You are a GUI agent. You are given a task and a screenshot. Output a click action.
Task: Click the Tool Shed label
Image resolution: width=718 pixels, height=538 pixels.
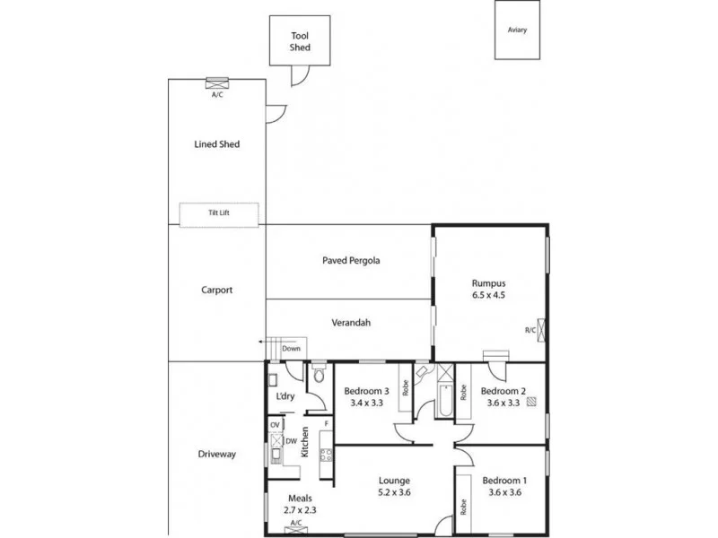tap(300, 42)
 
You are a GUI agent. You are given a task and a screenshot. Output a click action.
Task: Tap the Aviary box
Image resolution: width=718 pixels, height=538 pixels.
tap(517, 30)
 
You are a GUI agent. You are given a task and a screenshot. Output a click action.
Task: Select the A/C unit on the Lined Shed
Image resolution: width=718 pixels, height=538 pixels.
tap(217, 84)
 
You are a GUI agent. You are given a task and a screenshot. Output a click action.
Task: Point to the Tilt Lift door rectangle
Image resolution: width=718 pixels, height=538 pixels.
tap(218, 213)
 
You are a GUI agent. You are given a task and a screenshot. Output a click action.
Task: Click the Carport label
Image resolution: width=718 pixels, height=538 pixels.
tap(217, 290)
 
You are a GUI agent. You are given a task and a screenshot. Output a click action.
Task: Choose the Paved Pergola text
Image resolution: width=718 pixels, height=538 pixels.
tap(351, 261)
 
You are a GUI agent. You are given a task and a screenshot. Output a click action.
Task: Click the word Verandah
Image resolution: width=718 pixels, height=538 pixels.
tap(350, 323)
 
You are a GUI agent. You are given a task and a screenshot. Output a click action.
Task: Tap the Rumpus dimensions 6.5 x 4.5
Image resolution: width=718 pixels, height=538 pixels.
tap(489, 294)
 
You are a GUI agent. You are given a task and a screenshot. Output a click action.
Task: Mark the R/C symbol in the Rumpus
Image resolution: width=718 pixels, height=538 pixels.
tap(540, 328)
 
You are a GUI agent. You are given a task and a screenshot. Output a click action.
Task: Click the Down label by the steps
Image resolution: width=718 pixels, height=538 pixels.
tap(291, 349)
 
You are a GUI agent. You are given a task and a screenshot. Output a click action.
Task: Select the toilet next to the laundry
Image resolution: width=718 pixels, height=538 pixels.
tap(318, 377)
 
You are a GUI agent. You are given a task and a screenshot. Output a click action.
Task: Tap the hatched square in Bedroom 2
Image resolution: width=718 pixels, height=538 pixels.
tap(532, 403)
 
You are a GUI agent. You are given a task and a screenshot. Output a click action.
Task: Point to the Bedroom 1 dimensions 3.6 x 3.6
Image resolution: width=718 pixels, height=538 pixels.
tap(503, 492)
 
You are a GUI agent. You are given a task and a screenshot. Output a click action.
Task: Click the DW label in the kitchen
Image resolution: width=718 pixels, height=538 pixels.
tap(291, 441)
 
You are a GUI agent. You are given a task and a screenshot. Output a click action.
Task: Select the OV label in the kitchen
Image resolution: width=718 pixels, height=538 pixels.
tap(276, 425)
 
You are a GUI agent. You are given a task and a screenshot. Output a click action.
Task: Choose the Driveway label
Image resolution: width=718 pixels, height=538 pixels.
tap(216, 454)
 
